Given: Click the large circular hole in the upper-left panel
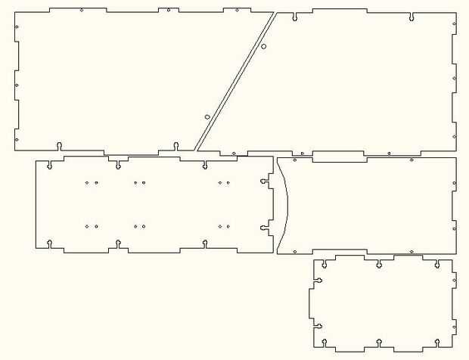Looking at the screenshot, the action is click(x=207, y=116).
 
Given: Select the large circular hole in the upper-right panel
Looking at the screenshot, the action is click(x=263, y=47).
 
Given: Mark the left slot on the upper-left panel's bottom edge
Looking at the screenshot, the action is click(x=59, y=145).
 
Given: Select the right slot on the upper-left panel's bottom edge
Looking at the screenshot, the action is click(x=175, y=145).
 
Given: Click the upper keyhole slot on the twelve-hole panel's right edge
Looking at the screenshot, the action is click(x=265, y=182).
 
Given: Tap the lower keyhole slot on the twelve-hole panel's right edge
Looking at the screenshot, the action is click(x=265, y=225).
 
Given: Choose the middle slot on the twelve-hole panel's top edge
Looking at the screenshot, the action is click(x=119, y=164).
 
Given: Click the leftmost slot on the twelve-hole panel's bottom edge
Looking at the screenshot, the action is click(x=50, y=243).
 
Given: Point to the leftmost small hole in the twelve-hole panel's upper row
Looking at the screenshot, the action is click(x=87, y=182).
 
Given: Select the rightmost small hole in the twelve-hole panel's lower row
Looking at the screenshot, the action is click(x=228, y=226).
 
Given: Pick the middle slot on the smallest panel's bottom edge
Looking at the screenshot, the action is click(x=378, y=346).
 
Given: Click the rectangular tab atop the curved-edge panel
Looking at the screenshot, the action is click(x=339, y=157).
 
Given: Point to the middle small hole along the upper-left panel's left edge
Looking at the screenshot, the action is click(x=17, y=85).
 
